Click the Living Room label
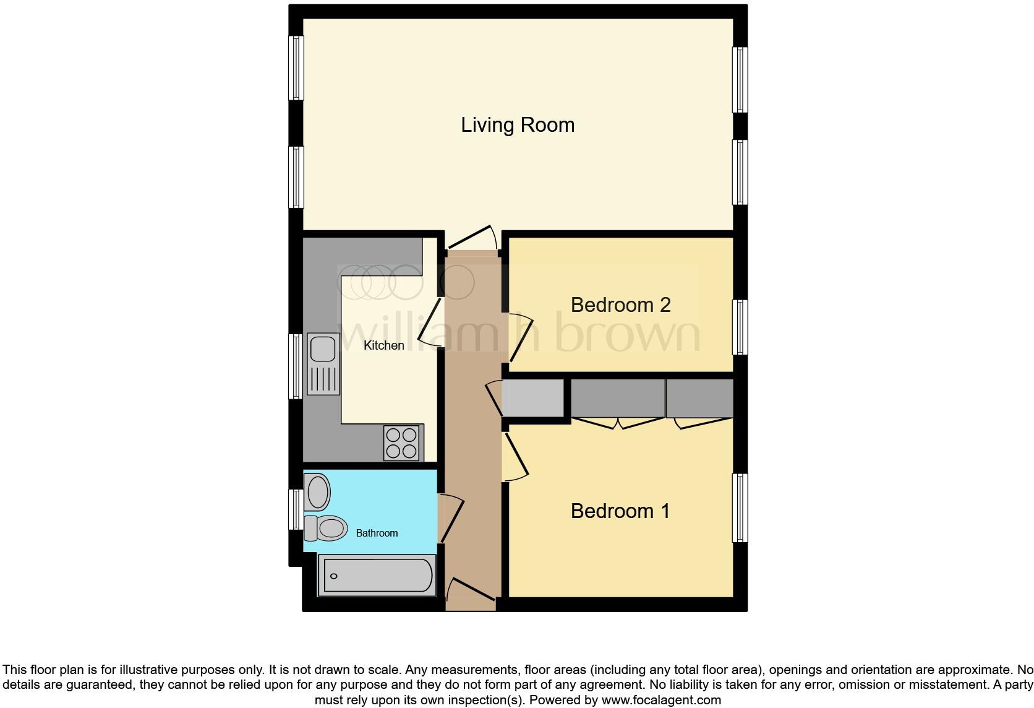(518, 125)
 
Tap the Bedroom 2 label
(620, 304)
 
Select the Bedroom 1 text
(620, 511)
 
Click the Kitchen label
(383, 345)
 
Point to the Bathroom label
(377, 533)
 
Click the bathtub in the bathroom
(377, 576)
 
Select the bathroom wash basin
(318, 492)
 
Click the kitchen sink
(323, 363)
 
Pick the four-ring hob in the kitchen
(401, 443)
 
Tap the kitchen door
(430, 322)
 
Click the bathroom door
(451, 519)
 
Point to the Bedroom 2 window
(740, 327)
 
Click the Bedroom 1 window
(740, 507)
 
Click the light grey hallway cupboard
(533, 398)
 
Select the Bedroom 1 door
(516, 457)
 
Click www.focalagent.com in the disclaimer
(661, 701)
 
